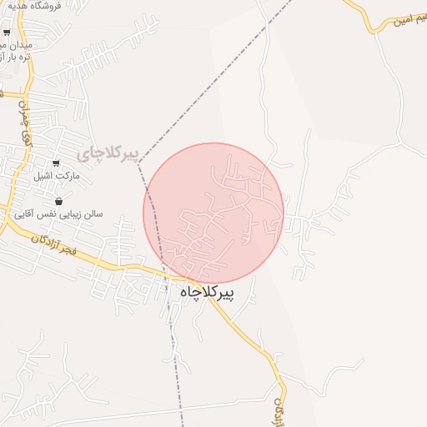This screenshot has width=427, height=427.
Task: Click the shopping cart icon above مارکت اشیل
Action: pos(56,163)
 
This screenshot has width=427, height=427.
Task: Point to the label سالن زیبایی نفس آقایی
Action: pos(63,214)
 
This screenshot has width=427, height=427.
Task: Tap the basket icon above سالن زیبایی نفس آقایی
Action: pos(59,201)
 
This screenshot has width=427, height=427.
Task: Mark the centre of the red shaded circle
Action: pos(213,213)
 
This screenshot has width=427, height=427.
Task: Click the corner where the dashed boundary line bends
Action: pos(138,163)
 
